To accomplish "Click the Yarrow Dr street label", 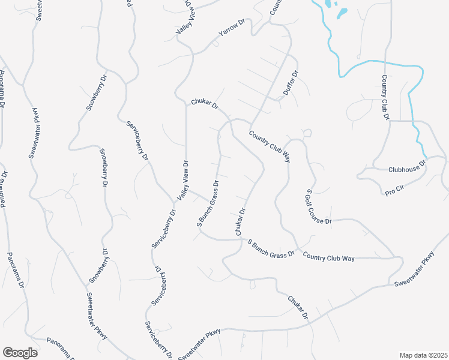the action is [x=233, y=28].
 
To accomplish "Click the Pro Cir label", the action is [x=394, y=191].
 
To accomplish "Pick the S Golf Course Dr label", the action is [x=319, y=207].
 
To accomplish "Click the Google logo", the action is [x=20, y=353].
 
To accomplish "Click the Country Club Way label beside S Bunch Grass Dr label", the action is [x=329, y=257].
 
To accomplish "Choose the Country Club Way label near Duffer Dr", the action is [x=270, y=147].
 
